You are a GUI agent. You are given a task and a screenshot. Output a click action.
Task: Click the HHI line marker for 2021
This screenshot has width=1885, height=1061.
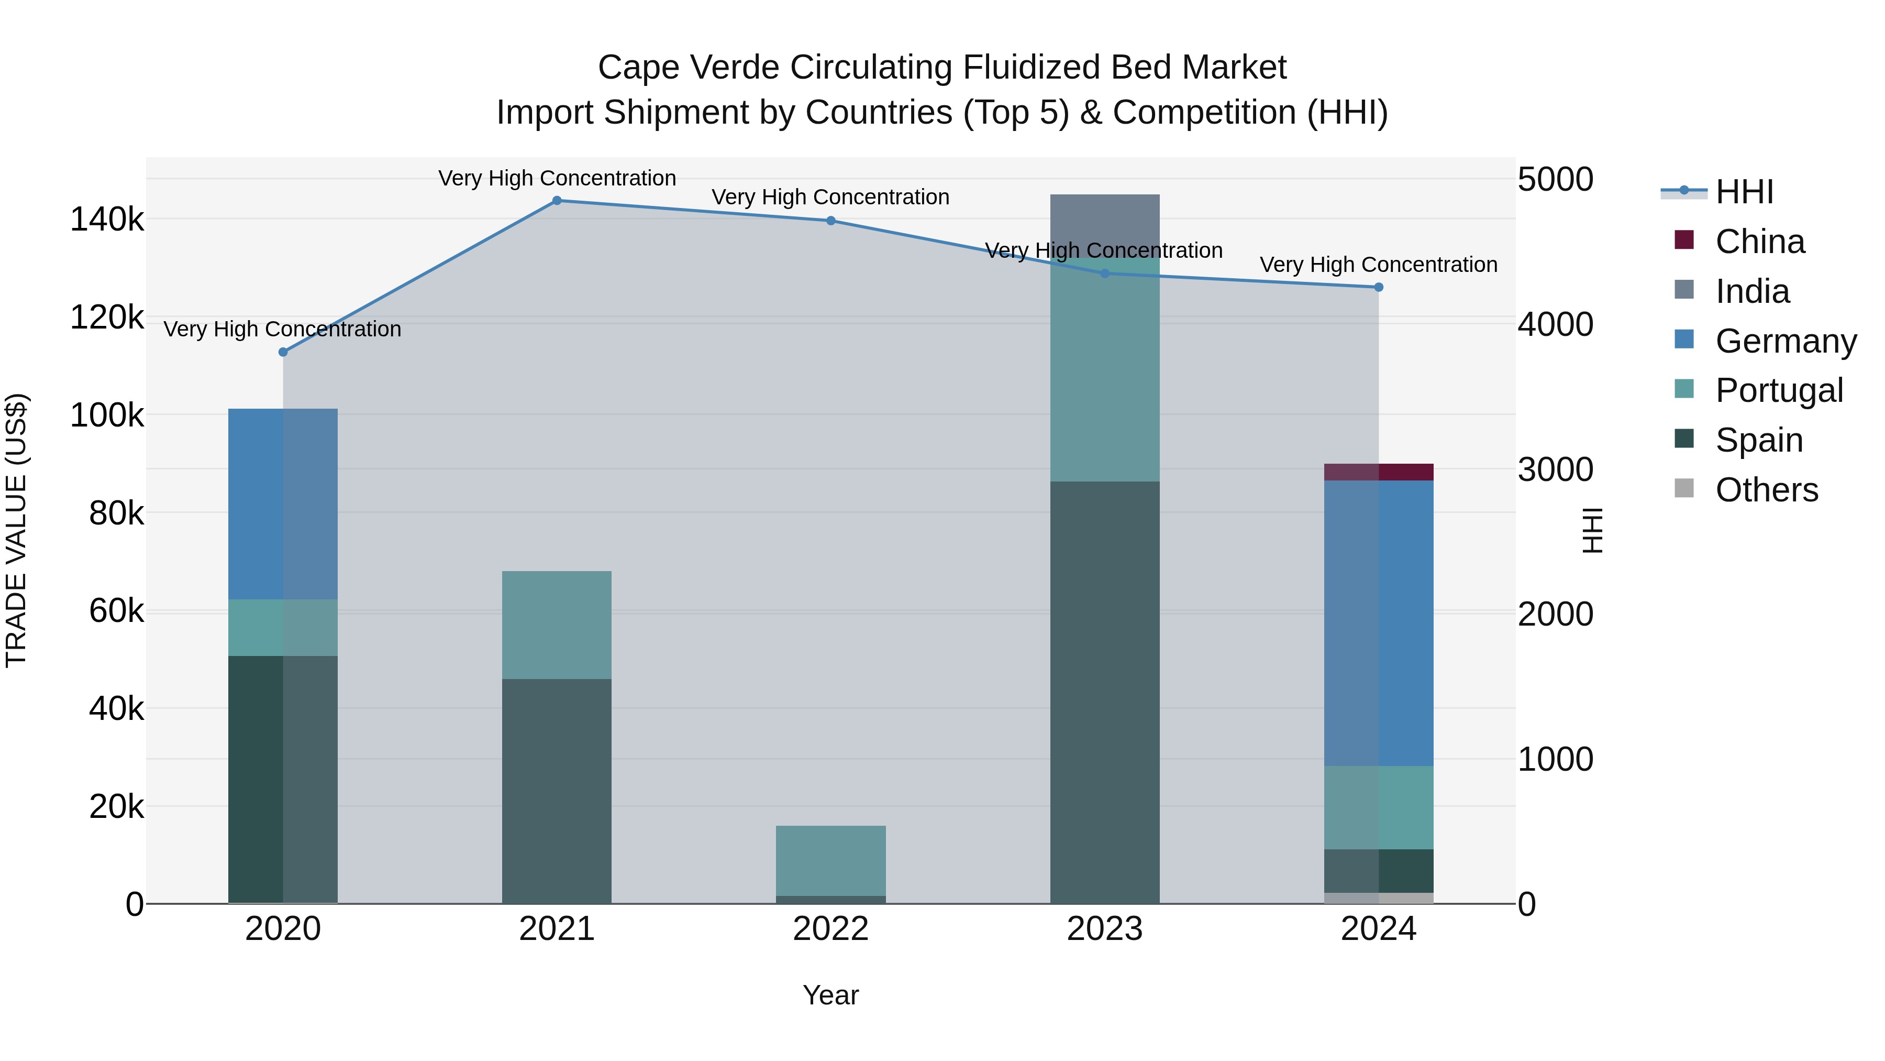(x=557, y=200)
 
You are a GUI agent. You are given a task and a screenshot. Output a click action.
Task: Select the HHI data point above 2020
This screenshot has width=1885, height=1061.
(x=283, y=352)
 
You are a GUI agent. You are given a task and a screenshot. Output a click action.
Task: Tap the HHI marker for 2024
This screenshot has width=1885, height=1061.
(x=1379, y=287)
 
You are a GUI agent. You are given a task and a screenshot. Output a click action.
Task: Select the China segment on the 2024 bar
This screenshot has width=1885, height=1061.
(x=1379, y=472)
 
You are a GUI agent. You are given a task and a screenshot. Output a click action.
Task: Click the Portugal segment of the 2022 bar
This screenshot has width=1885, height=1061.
(x=830, y=860)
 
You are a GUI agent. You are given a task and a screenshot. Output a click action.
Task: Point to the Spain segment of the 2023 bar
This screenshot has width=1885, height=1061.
(x=1104, y=692)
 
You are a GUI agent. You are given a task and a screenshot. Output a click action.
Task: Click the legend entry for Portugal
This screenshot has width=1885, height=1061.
(x=1779, y=390)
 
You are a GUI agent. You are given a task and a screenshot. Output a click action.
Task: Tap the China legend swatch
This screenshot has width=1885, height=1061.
(x=1684, y=240)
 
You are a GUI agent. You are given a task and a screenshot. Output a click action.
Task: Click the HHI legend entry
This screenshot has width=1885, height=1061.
(x=1744, y=192)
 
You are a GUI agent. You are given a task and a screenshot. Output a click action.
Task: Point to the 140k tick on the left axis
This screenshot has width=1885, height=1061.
(x=107, y=220)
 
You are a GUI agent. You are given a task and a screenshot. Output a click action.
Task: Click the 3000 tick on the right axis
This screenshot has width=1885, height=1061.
(x=1555, y=469)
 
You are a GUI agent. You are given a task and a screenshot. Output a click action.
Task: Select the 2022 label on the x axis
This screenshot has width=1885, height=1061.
(x=830, y=929)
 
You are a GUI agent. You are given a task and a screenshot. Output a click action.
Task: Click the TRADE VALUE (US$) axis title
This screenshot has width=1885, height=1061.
(x=16, y=530)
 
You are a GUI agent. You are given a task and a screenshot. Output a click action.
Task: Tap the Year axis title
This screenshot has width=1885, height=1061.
(x=830, y=995)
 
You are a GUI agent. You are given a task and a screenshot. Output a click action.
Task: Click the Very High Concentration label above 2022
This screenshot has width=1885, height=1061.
(x=830, y=197)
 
